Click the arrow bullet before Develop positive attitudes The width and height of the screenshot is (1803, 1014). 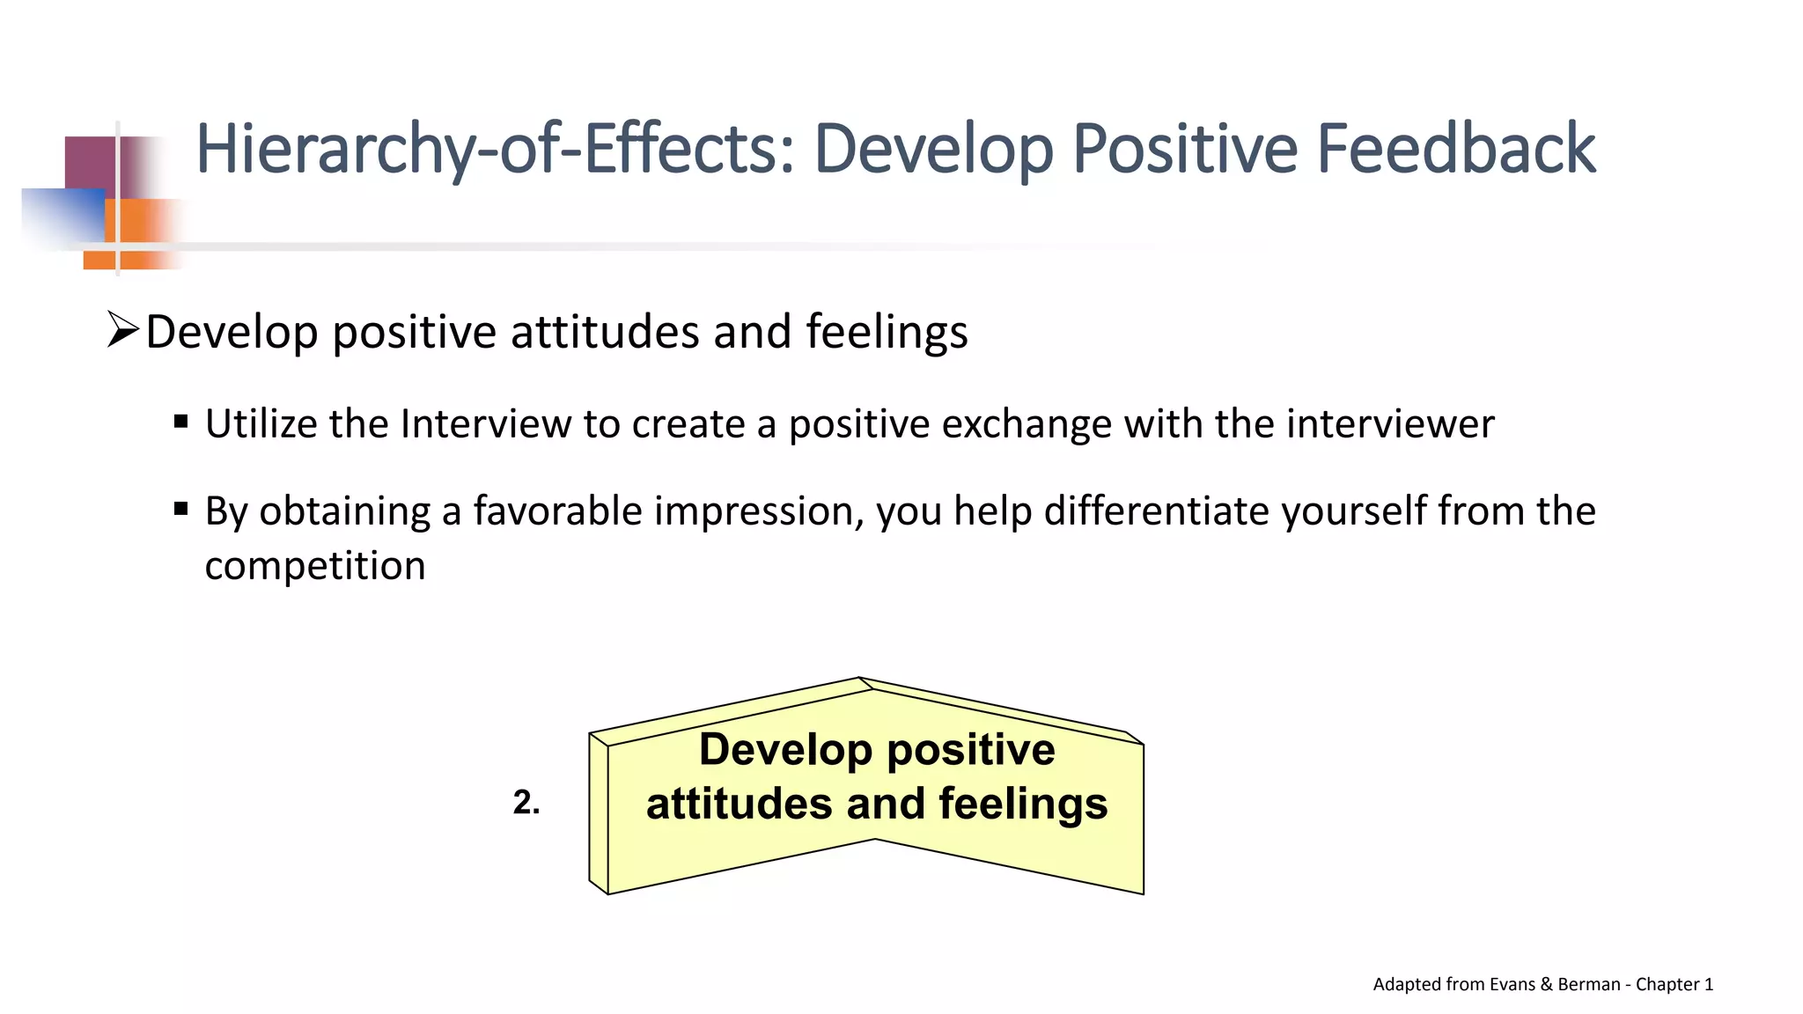pos(122,330)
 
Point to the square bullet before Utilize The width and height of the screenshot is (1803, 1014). pos(181,422)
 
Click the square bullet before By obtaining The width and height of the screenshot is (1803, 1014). pos(181,509)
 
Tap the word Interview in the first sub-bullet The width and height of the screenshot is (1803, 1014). pos(485,424)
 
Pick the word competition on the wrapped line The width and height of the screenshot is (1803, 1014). pos(315,566)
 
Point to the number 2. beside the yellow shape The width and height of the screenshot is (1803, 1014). pos(526,802)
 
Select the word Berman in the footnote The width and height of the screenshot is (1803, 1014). pos(1588,984)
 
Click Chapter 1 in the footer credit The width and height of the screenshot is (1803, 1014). pos(1674,984)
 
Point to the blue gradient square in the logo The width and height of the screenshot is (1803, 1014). pos(62,216)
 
